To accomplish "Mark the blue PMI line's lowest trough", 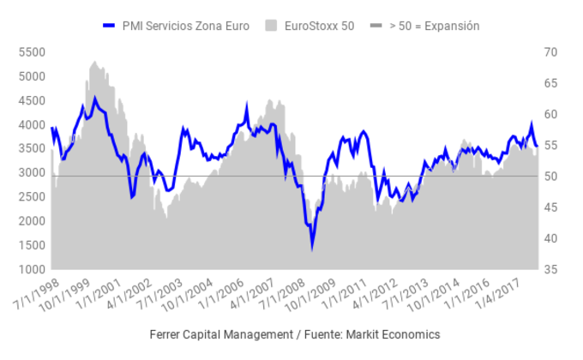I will (312, 248).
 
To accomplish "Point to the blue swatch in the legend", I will (108, 26).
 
